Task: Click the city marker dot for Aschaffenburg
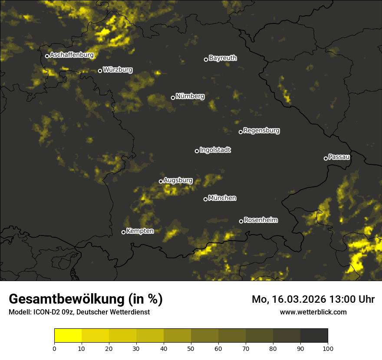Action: click(47, 56)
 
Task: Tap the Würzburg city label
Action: click(118, 70)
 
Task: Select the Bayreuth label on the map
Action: click(223, 58)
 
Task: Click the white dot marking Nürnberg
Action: click(173, 98)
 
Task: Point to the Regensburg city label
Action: click(261, 131)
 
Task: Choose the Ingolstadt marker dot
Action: click(197, 151)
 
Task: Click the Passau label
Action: click(339, 157)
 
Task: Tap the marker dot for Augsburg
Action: click(161, 181)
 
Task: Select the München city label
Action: click(222, 198)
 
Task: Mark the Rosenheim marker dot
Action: click(241, 222)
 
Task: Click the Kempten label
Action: click(140, 231)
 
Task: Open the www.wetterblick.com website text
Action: click(313, 312)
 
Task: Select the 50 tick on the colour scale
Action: click(191, 348)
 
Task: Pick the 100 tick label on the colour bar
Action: click(328, 348)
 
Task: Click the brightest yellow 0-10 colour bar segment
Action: click(68, 336)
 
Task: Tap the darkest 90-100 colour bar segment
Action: click(314, 336)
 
